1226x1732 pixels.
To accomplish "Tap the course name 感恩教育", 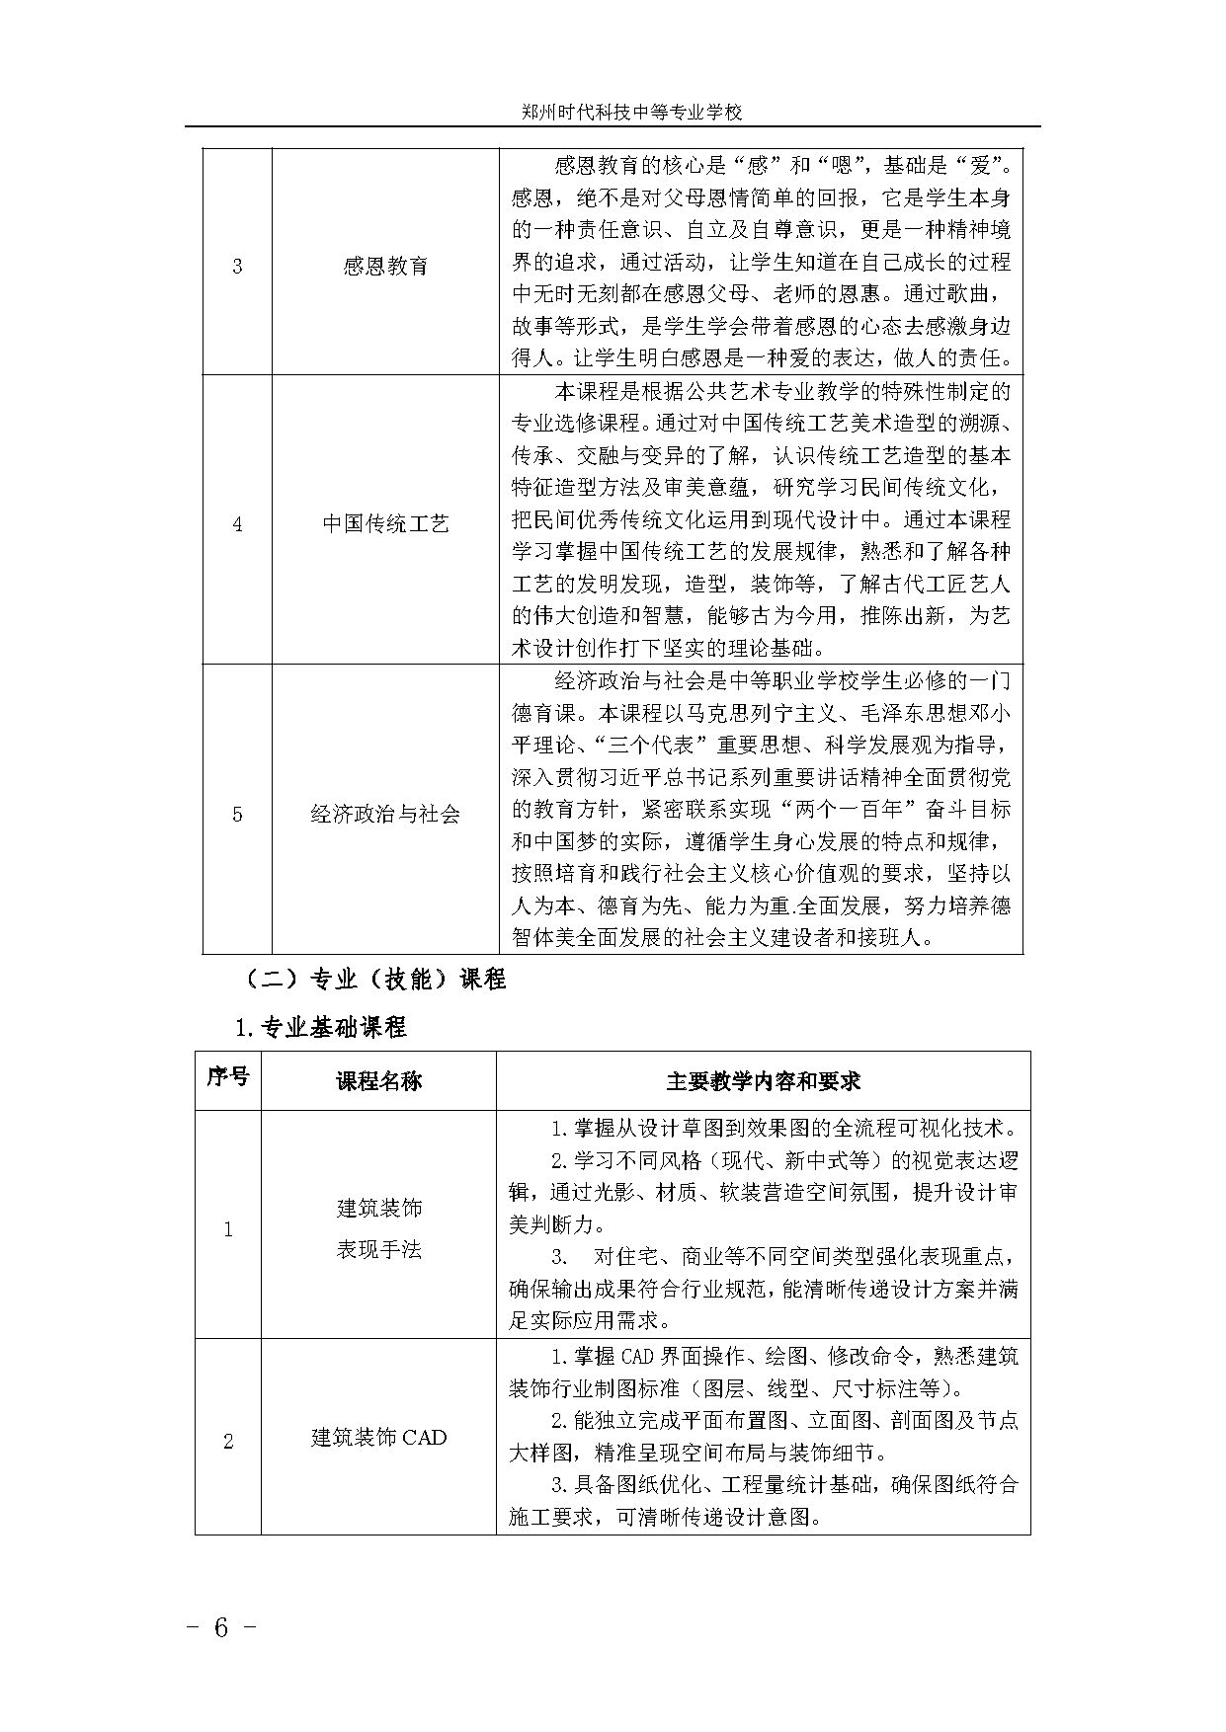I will click(x=385, y=267).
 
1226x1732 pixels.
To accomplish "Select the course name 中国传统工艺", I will click(x=385, y=523).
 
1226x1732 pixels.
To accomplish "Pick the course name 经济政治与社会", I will click(x=385, y=815).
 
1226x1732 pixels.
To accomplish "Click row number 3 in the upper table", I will click(x=237, y=267).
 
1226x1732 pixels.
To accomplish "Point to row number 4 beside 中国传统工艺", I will click(x=237, y=523).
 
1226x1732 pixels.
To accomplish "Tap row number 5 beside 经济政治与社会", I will click(x=237, y=815).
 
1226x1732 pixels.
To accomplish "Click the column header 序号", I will click(x=228, y=1077).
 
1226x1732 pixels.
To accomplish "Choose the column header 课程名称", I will click(x=379, y=1080).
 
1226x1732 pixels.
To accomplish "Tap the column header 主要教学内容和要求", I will click(x=763, y=1080).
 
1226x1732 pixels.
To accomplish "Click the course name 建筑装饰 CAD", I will click(x=379, y=1438).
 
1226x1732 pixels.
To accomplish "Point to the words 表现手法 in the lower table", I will click(x=379, y=1249).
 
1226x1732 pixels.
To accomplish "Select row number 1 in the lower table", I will click(x=228, y=1229).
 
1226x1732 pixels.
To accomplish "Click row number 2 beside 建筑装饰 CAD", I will click(x=228, y=1442).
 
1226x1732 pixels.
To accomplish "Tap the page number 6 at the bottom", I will click(x=221, y=1627).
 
